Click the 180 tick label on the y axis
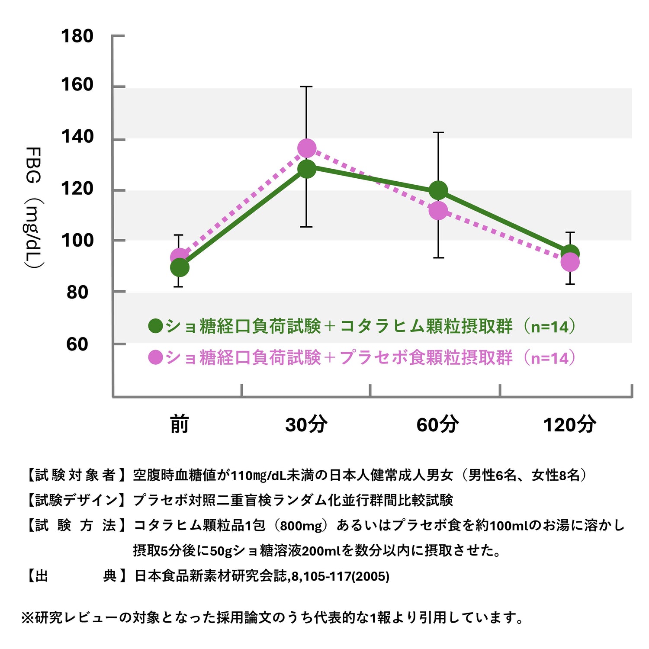pyautogui.click(x=77, y=36)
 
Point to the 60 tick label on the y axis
pyautogui.click(x=77, y=344)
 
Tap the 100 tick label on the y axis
pyautogui.click(x=77, y=241)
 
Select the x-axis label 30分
pyautogui.click(x=306, y=424)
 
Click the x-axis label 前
pyautogui.click(x=179, y=424)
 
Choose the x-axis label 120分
pyautogui.click(x=569, y=424)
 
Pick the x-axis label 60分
pyautogui.click(x=437, y=424)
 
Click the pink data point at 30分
pyautogui.click(x=307, y=148)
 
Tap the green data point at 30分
pyautogui.click(x=307, y=169)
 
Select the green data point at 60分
pyautogui.click(x=438, y=190)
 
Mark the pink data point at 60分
pyautogui.click(x=438, y=211)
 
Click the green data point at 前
pyautogui.click(x=180, y=268)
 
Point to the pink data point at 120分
pyautogui.click(x=570, y=262)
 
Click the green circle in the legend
pyautogui.click(x=155, y=326)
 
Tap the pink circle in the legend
pyautogui.click(x=155, y=357)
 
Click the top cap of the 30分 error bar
pyautogui.click(x=306, y=87)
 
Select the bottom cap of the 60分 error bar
pyautogui.click(x=438, y=258)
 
